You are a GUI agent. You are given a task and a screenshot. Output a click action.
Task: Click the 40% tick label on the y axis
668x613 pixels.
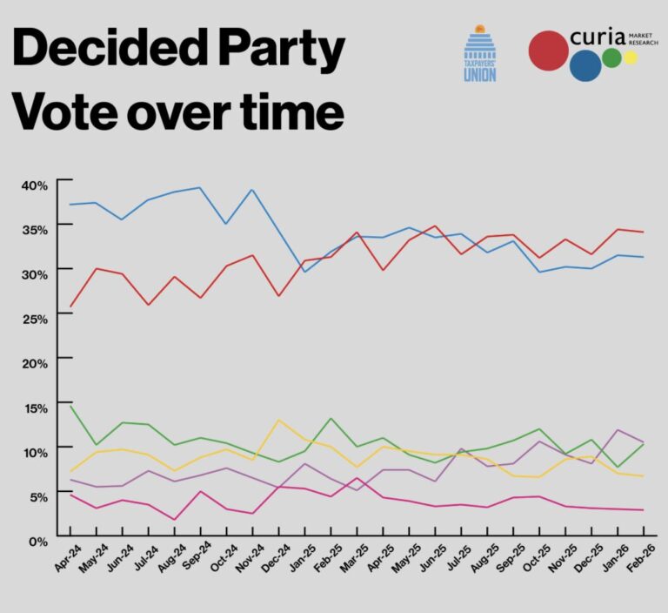pos(35,185)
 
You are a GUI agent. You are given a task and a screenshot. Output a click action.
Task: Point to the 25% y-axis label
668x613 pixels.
pos(35,318)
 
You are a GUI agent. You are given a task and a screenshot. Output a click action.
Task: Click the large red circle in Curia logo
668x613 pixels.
pos(549,50)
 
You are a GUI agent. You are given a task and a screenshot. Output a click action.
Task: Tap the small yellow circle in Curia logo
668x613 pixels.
pos(631,58)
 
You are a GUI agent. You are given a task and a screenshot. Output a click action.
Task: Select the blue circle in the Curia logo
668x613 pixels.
pos(585,65)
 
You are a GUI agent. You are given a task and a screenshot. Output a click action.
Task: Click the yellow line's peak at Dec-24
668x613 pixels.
pos(278,421)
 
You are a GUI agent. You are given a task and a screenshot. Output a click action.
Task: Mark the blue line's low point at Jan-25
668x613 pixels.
pos(305,272)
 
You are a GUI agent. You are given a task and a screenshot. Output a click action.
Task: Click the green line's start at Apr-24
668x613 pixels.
pos(70,406)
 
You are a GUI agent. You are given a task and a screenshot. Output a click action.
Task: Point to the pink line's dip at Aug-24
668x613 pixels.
pos(175,520)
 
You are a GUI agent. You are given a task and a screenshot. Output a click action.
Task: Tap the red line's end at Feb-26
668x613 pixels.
pos(644,232)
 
